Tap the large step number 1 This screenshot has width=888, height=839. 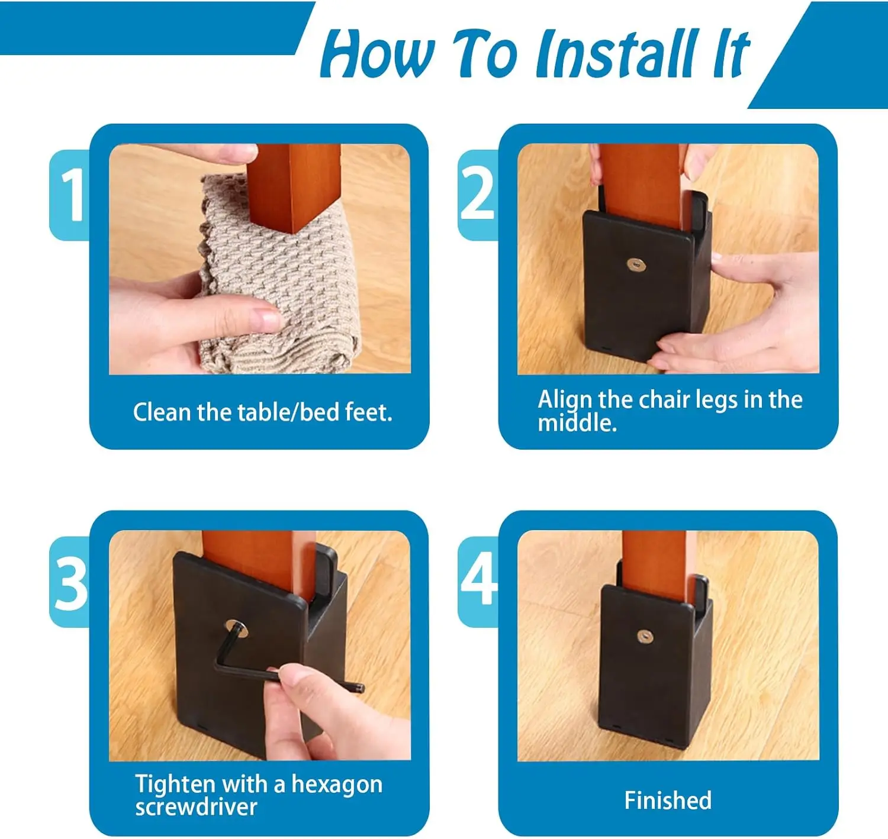click(x=72, y=195)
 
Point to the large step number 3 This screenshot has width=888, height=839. click(x=71, y=583)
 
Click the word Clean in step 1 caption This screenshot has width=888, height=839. click(x=162, y=412)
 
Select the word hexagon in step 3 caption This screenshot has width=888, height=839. click(x=337, y=785)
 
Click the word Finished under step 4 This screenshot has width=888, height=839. click(x=668, y=801)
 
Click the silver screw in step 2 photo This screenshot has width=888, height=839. click(x=636, y=264)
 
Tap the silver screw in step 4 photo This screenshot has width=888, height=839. click(x=644, y=637)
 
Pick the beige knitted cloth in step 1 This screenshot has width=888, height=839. click(x=280, y=276)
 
